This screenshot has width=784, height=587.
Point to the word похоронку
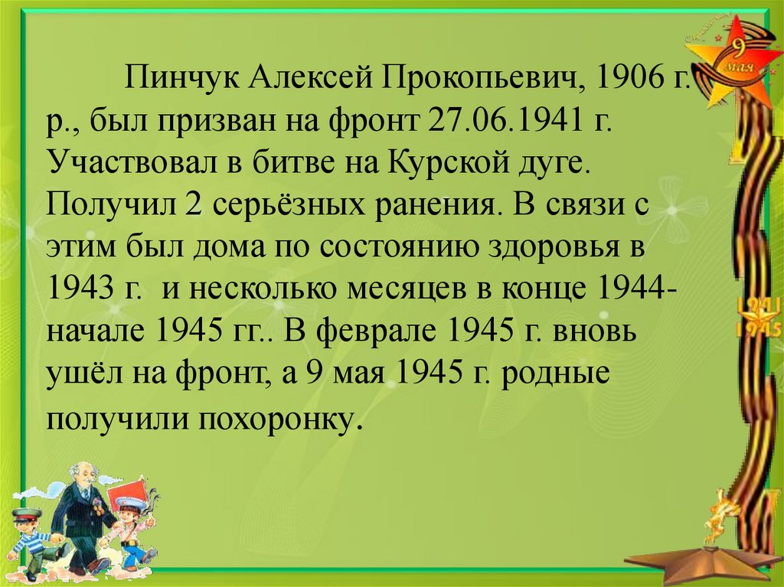point(283,419)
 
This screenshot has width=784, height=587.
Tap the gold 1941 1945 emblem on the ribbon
point(757,318)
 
